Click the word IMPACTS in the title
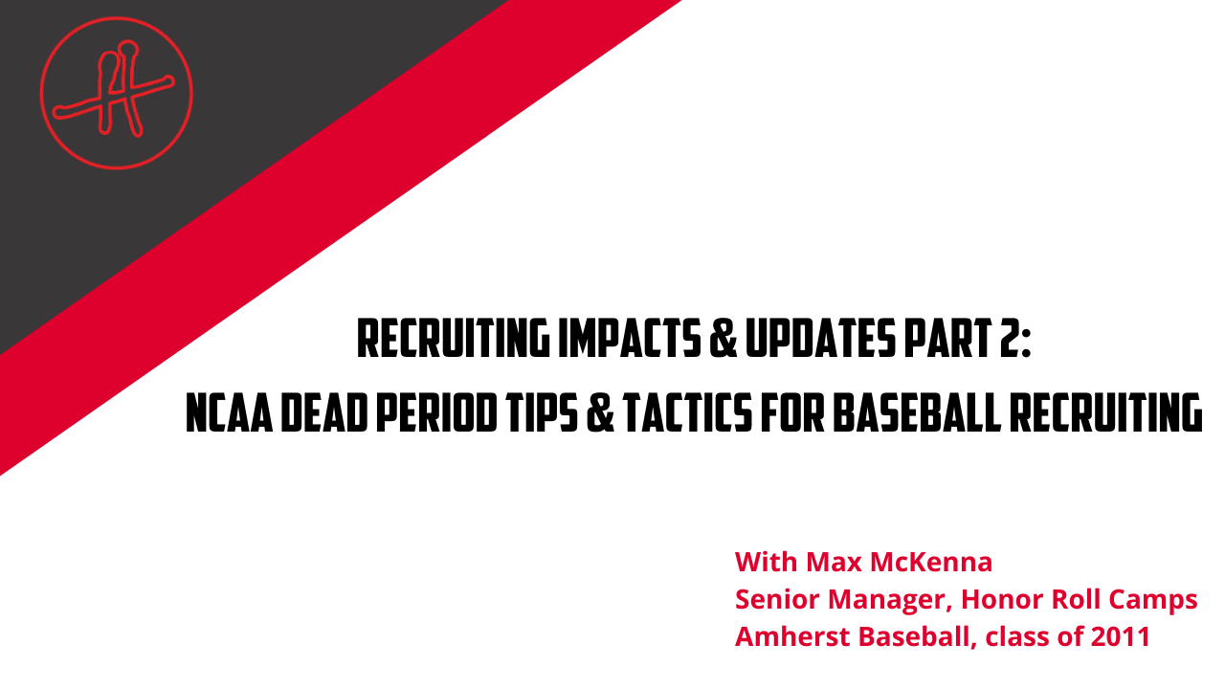(x=630, y=339)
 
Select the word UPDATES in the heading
(x=820, y=339)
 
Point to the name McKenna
(x=931, y=562)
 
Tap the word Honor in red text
(x=1002, y=599)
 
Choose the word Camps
(x=1153, y=600)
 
